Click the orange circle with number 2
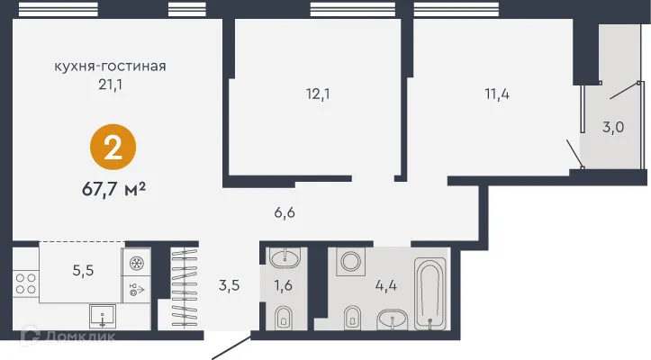[113, 149]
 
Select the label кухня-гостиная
[111, 66]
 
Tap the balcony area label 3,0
[613, 127]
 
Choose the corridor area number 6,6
[285, 213]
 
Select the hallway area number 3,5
[228, 288]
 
